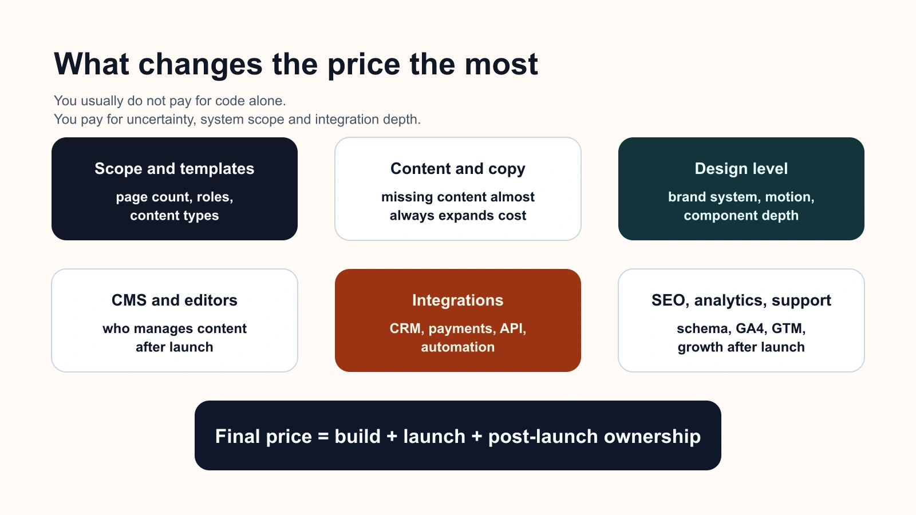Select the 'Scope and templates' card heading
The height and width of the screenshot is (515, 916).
pyautogui.click(x=174, y=169)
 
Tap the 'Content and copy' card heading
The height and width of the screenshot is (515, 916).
pyautogui.click(x=457, y=169)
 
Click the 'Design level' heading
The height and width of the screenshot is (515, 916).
pyautogui.click(x=741, y=169)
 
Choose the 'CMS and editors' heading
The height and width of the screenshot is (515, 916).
pyautogui.click(x=174, y=300)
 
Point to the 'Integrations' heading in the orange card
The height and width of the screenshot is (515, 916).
pyautogui.click(x=457, y=300)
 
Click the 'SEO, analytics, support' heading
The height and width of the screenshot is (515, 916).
pyautogui.click(x=741, y=300)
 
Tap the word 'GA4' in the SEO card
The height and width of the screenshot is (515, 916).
pyautogui.click(x=750, y=328)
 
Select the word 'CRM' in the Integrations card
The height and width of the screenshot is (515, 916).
pyautogui.click(x=406, y=328)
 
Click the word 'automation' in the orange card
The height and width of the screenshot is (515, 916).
pyautogui.click(x=457, y=347)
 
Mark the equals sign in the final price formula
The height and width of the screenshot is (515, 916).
pyautogui.click(x=323, y=437)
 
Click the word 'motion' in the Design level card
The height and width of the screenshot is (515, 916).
pyautogui.click(x=788, y=197)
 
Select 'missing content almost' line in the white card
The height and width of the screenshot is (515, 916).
pyautogui.click(x=457, y=197)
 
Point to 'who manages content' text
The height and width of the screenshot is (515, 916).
pyautogui.click(x=174, y=328)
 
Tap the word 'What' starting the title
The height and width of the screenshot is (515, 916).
pyautogui.click(x=92, y=65)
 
